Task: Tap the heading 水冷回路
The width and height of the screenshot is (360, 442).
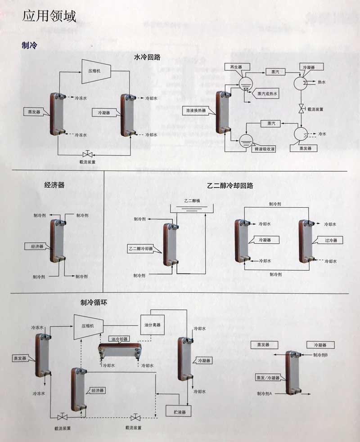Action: click(x=147, y=57)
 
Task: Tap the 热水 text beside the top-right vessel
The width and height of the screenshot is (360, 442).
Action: click(x=322, y=82)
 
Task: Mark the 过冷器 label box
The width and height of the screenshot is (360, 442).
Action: click(x=331, y=240)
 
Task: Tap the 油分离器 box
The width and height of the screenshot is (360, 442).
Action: click(x=152, y=325)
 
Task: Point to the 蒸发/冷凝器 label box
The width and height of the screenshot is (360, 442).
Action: click(x=268, y=377)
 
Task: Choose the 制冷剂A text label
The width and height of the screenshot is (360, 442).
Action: click(x=265, y=394)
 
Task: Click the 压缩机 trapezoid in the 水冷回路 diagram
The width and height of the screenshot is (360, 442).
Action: click(x=96, y=71)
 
